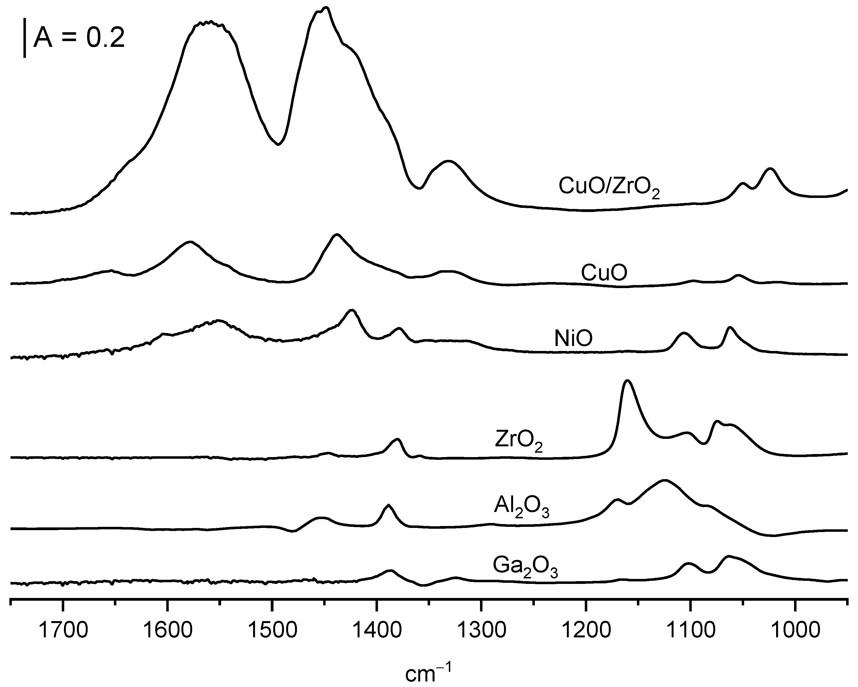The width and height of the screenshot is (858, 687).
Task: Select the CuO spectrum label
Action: point(604,273)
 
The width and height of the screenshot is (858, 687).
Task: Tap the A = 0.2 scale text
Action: point(79,39)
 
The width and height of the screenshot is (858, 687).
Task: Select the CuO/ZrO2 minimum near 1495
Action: point(278,144)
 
